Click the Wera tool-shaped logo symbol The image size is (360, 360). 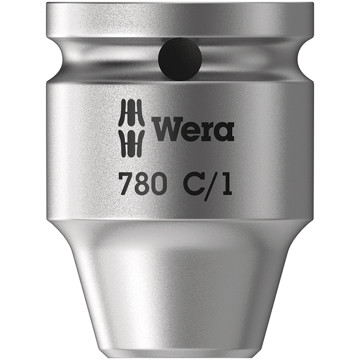[x=131, y=128]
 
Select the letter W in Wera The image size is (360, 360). [x=165, y=130]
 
